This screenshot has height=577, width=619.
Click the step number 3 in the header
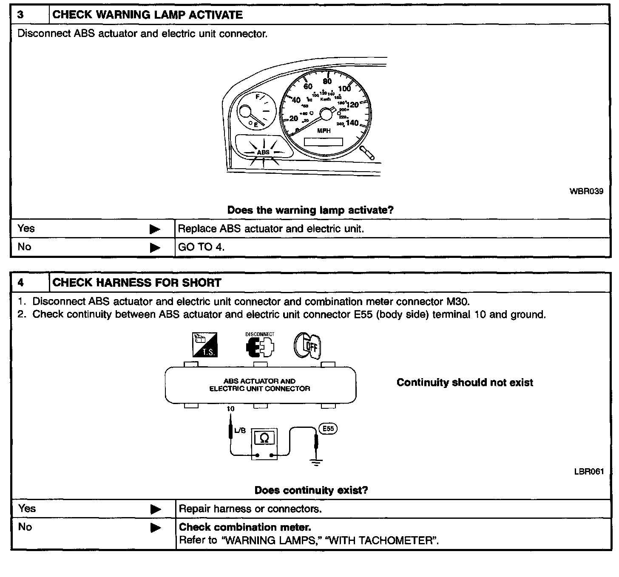(x=21, y=15)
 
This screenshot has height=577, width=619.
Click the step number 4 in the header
(x=21, y=283)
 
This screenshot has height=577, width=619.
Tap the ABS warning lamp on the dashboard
(x=263, y=152)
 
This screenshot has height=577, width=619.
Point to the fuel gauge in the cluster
(x=254, y=111)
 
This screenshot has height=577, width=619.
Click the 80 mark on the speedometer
(x=327, y=82)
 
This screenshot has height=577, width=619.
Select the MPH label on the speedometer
(x=324, y=131)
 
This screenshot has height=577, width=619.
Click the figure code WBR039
(x=586, y=191)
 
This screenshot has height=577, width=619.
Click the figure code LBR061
(x=589, y=472)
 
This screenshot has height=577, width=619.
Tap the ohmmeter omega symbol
(x=264, y=438)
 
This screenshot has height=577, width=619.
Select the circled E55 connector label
(x=328, y=429)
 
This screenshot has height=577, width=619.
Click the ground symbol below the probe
(x=316, y=462)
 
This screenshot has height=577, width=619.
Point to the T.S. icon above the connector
(x=205, y=344)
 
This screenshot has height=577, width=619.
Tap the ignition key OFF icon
(x=307, y=345)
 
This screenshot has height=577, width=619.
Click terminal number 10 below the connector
(x=230, y=409)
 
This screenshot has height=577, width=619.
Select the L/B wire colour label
(x=240, y=430)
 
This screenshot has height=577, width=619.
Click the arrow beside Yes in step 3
(x=155, y=229)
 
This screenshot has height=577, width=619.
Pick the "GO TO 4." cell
(x=201, y=247)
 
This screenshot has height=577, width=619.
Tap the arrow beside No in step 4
(x=156, y=528)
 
